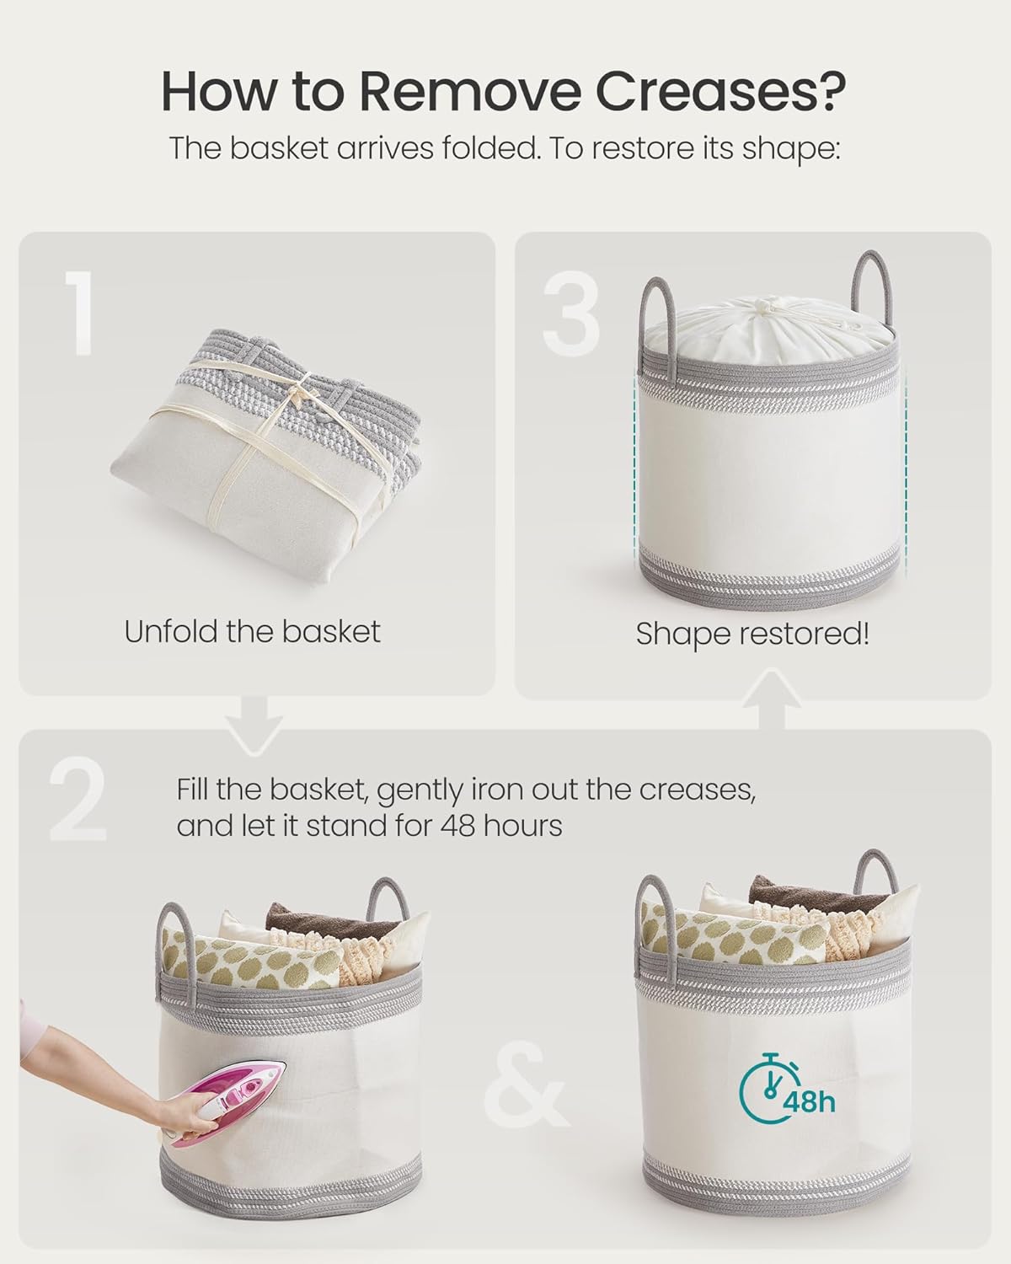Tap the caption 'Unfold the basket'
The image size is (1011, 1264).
pos(252,631)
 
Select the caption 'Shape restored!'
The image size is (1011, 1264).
pos(752,634)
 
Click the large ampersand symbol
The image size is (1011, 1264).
pos(524,1093)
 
